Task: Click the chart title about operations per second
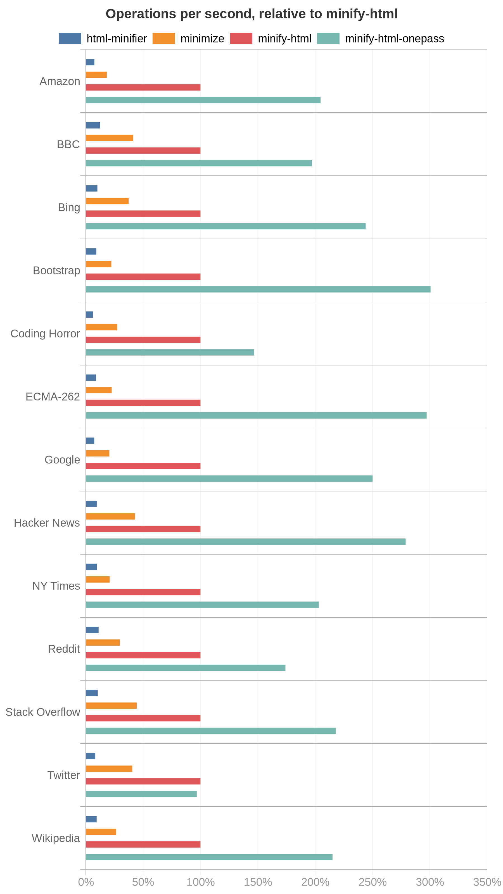click(x=251, y=14)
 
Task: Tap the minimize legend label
click(x=202, y=39)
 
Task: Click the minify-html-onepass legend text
click(x=394, y=39)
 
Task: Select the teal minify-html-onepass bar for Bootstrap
click(x=258, y=289)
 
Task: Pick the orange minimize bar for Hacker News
click(x=110, y=516)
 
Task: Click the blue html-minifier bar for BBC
click(x=93, y=125)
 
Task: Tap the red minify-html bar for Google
click(x=143, y=466)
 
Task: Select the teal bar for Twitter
click(x=141, y=794)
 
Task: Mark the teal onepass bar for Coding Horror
click(x=169, y=352)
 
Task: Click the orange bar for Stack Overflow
click(x=111, y=705)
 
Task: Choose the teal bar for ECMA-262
click(x=256, y=415)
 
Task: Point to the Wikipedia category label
click(x=56, y=838)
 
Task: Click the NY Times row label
click(x=56, y=586)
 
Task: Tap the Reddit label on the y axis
click(x=64, y=649)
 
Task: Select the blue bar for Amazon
click(x=90, y=62)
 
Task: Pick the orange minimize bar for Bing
click(x=107, y=201)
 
